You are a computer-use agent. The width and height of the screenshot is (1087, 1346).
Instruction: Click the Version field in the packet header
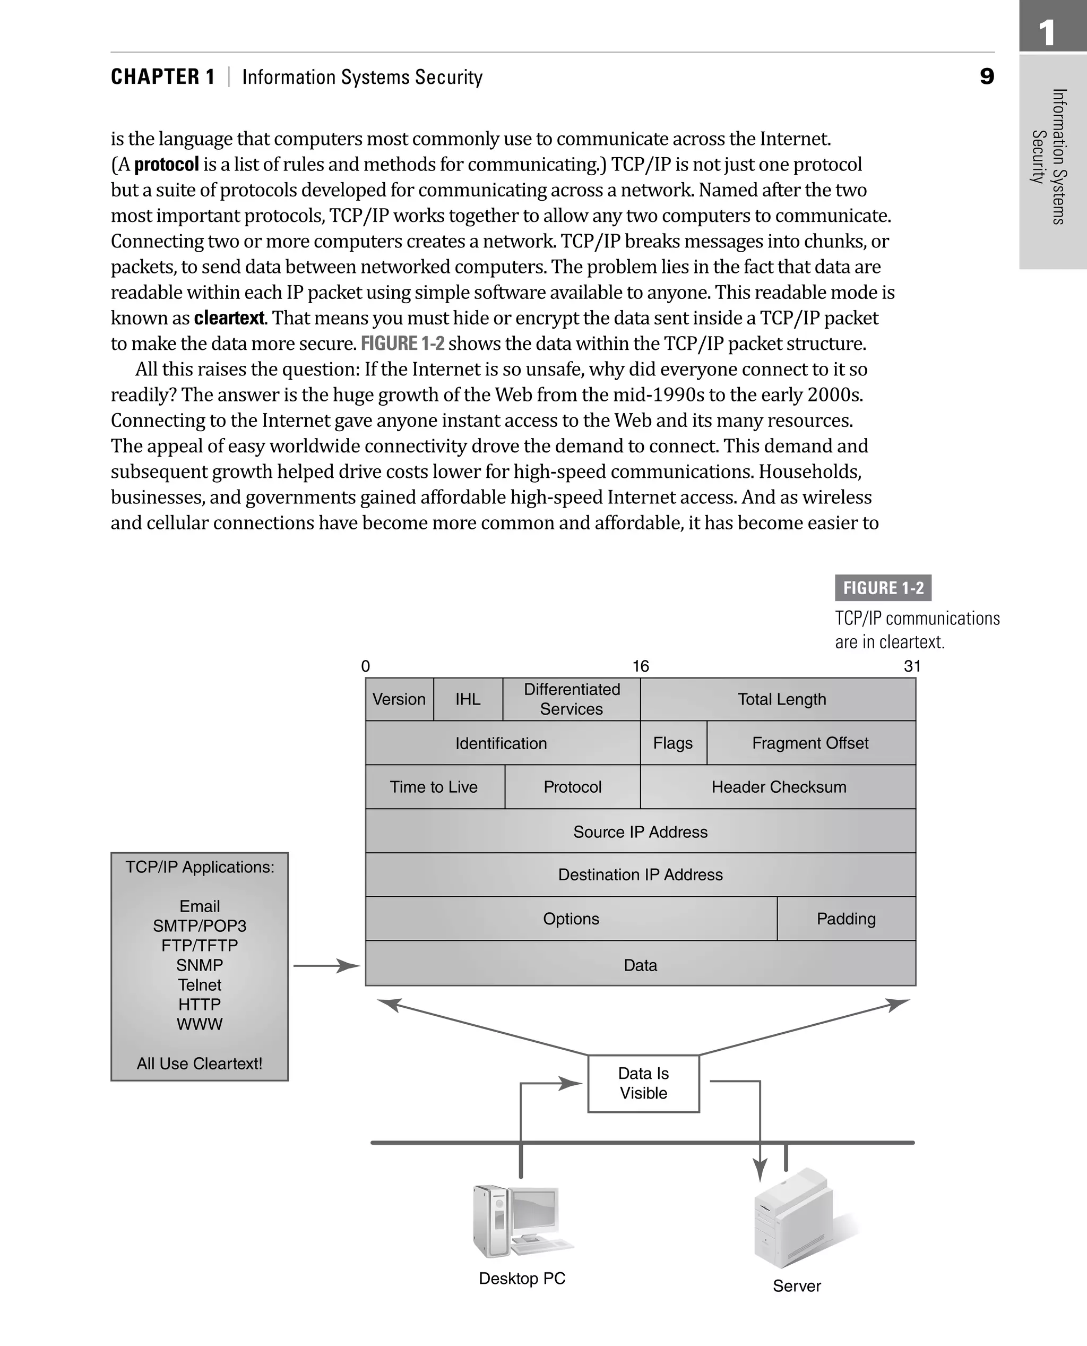(x=399, y=699)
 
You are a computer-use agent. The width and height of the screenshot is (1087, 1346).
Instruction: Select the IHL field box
(x=468, y=699)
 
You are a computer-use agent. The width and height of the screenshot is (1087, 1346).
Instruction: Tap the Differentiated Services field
(x=571, y=699)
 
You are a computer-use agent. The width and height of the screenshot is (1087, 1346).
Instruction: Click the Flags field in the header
(x=673, y=743)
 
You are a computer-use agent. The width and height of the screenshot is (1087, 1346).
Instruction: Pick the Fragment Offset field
(x=810, y=743)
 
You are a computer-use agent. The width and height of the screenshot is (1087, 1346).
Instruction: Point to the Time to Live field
(x=434, y=787)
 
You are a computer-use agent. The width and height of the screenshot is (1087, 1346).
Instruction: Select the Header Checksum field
(x=778, y=787)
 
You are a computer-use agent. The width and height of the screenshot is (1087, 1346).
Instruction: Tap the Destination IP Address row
(x=640, y=875)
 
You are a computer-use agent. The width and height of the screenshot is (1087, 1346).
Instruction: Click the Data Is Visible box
(x=643, y=1084)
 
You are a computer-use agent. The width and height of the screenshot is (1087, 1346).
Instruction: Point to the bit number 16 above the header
(x=641, y=666)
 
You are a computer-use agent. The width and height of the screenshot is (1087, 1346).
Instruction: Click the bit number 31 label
(x=912, y=666)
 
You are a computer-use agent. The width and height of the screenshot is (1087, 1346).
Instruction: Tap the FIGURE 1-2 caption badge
(x=883, y=587)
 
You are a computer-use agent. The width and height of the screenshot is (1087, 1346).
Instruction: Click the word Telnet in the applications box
(x=200, y=984)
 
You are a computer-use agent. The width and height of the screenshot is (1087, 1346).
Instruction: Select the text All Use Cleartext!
(x=200, y=1064)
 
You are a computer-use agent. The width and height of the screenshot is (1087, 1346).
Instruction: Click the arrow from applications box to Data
(x=325, y=966)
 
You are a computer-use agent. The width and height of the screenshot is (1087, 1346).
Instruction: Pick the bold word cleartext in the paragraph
(x=229, y=318)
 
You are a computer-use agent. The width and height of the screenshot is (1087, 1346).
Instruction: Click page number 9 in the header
(x=986, y=76)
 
